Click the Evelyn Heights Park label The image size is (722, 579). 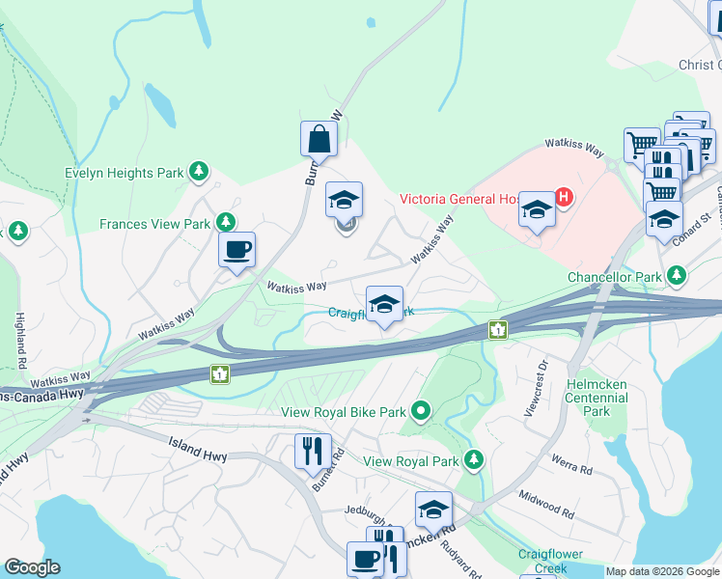124,174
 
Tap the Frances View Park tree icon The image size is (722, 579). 227,223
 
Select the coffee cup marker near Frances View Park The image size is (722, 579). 236,251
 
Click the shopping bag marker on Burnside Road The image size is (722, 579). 319,140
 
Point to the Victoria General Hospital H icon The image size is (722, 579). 564,199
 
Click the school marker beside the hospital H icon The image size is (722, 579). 536,209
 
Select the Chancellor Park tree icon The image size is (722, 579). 677,277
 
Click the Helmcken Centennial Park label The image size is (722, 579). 597,398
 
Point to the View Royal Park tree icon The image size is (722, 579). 473,460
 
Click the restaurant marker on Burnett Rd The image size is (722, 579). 313,451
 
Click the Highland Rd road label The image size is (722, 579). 19,340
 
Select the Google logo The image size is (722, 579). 32,567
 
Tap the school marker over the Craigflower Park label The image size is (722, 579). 384,305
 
